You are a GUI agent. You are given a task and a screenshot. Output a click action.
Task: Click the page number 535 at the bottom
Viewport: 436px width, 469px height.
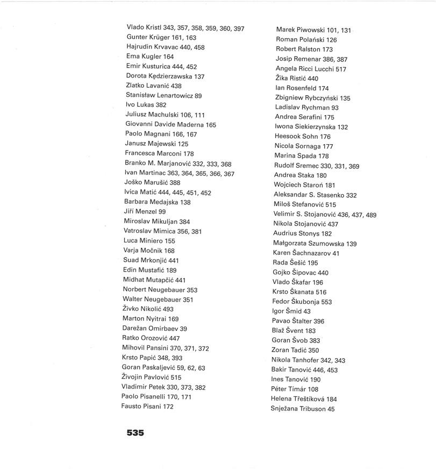coord(135,432)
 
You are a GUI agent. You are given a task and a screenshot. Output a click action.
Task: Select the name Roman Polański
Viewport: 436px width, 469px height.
coord(306,40)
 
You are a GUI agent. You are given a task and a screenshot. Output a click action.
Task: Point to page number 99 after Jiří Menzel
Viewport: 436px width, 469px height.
coord(162,212)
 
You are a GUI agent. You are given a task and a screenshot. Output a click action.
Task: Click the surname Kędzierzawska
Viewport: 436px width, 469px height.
coord(170,76)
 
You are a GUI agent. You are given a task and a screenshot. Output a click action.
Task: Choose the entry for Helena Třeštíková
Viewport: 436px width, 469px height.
coord(304,399)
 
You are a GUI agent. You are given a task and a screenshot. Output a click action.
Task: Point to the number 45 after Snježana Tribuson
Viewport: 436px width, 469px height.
coord(331,409)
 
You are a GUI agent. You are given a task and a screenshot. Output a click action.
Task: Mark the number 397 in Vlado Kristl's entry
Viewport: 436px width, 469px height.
coord(239,28)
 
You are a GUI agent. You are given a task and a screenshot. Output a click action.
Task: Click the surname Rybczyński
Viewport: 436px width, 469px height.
coord(318,98)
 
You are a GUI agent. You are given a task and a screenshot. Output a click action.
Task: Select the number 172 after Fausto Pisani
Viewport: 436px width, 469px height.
coord(168,407)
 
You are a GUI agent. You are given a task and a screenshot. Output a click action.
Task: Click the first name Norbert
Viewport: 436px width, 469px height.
coord(135,290)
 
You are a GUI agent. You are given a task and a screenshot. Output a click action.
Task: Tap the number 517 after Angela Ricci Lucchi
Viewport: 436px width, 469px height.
coord(341,69)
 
